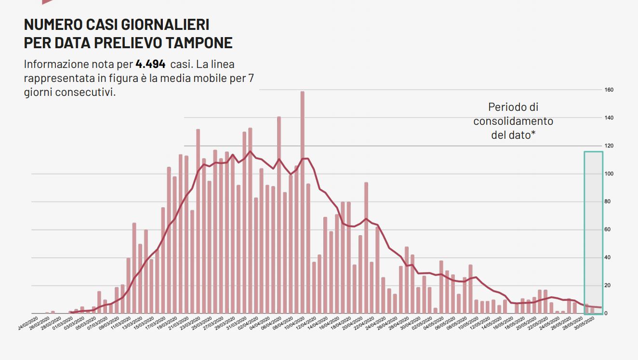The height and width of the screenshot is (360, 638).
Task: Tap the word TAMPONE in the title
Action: [199, 42]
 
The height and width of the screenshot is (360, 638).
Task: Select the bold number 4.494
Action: [150, 64]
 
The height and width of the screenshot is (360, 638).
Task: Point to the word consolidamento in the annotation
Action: [513, 121]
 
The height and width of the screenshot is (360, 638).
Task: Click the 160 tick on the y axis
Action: [609, 90]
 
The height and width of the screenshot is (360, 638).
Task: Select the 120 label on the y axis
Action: [609, 146]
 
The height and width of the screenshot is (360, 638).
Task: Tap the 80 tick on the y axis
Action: [608, 202]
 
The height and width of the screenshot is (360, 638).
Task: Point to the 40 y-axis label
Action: [608, 258]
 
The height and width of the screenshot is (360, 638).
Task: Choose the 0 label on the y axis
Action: [606, 314]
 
